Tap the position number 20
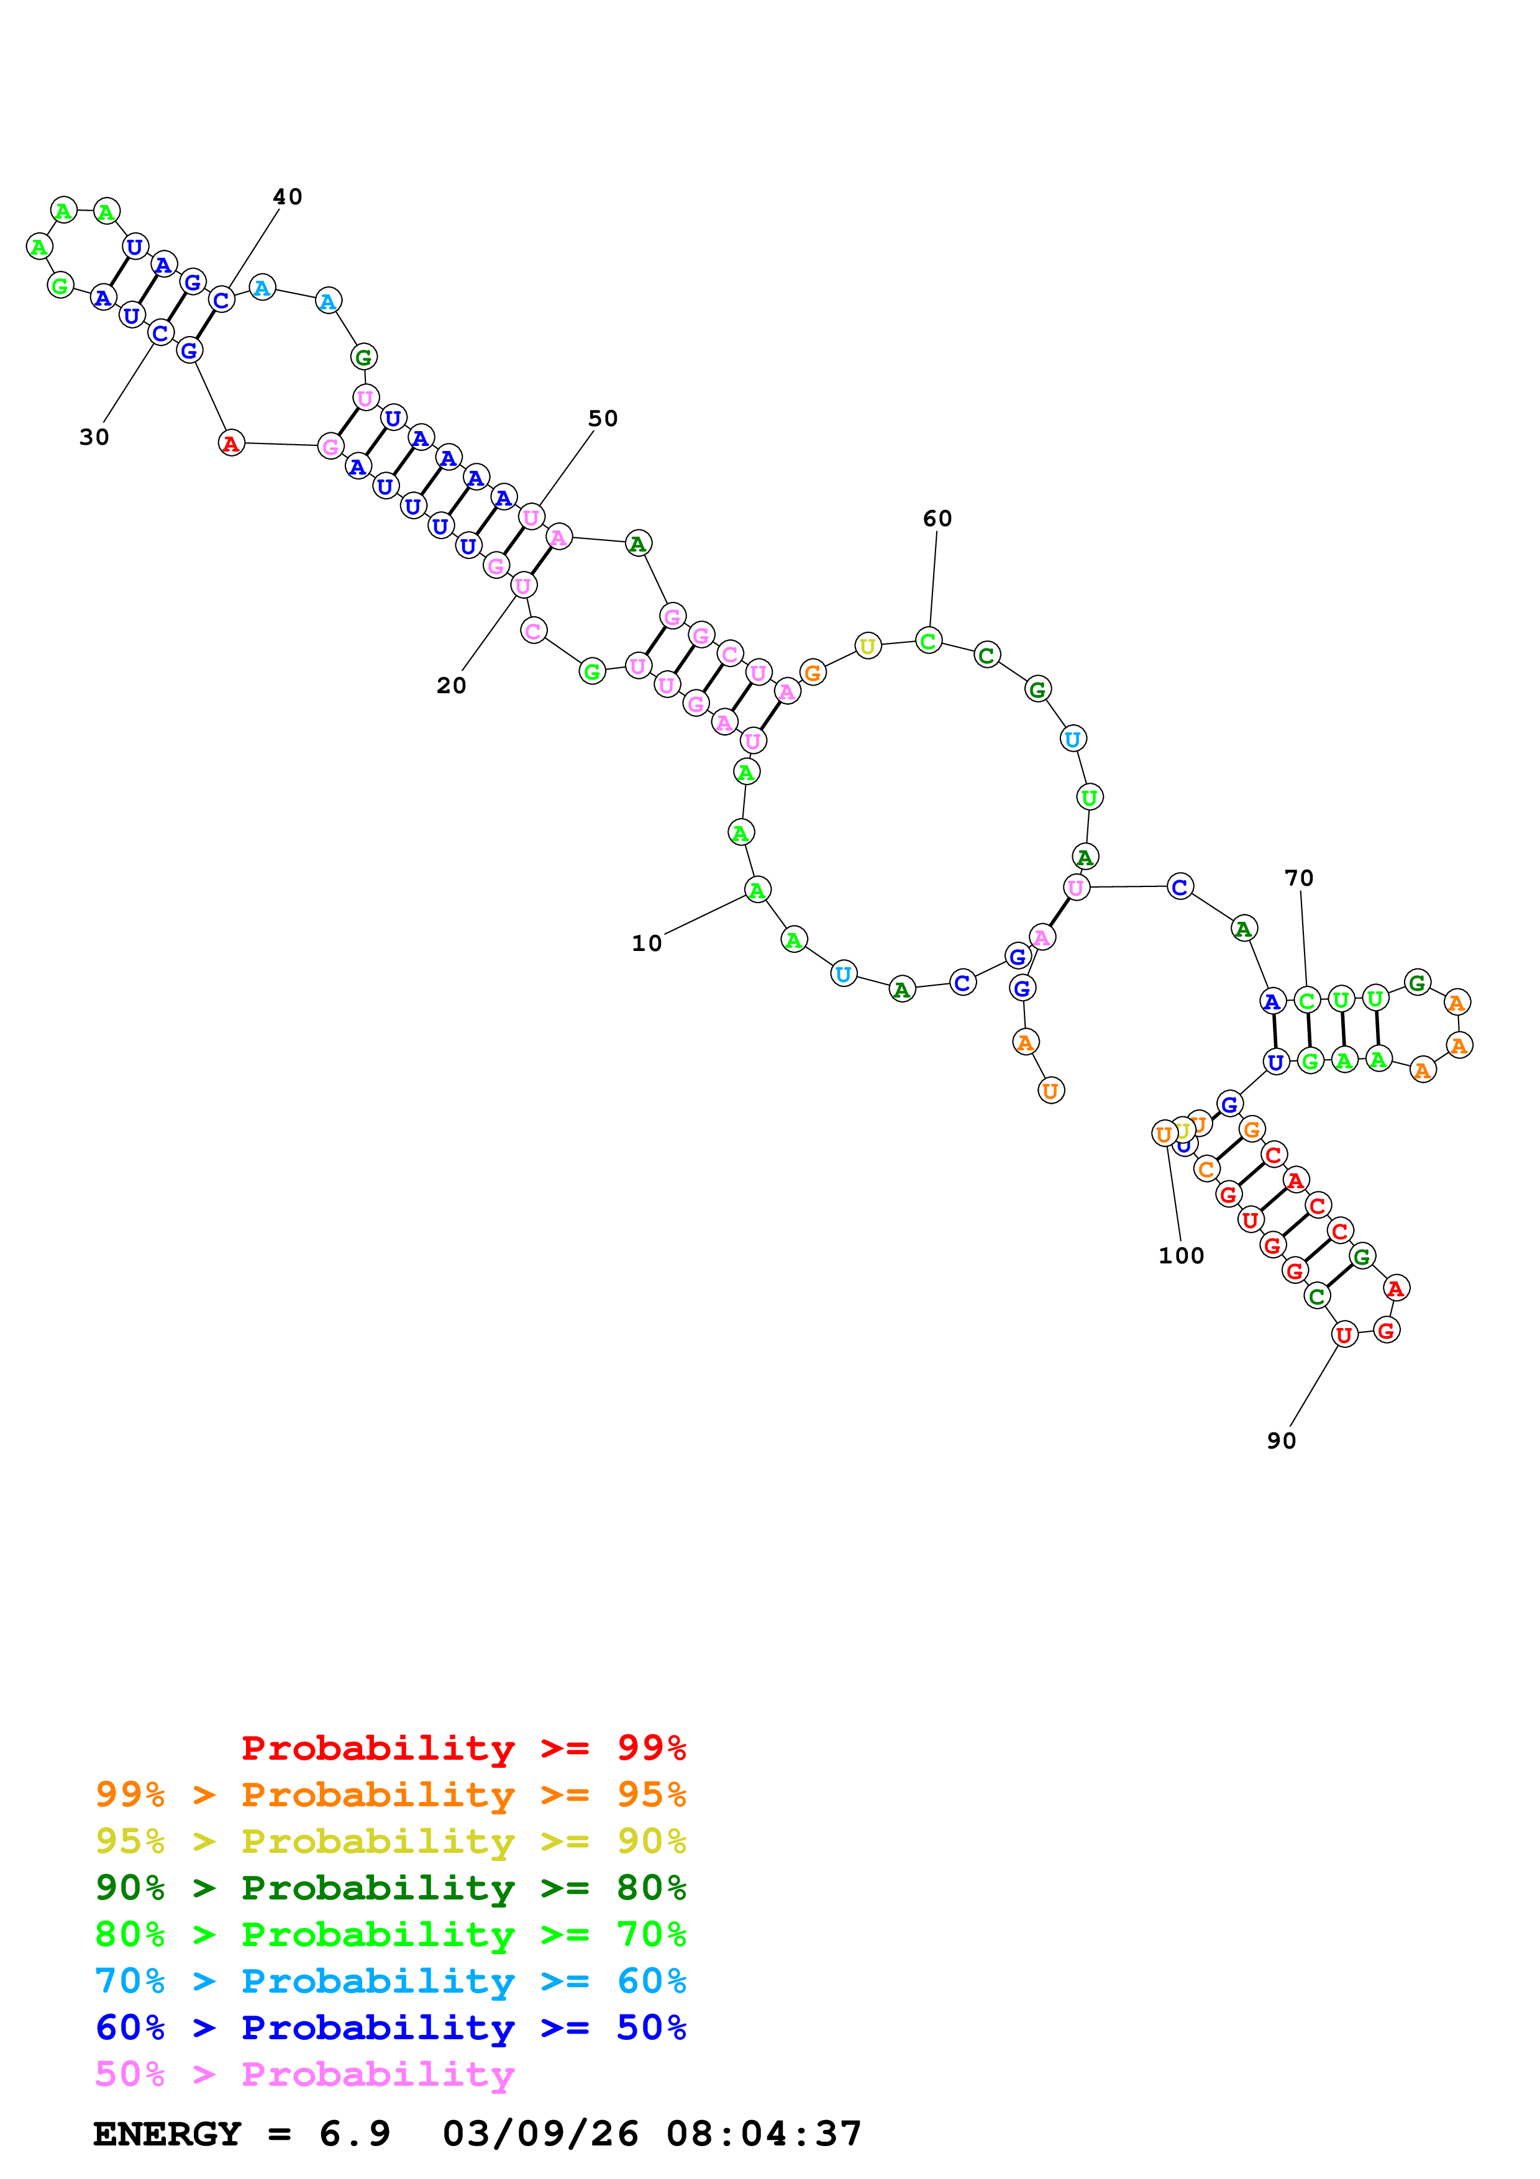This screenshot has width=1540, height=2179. [452, 685]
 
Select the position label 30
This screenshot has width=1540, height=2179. [94, 437]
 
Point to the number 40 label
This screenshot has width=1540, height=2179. [288, 196]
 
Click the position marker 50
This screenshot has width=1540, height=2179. [603, 419]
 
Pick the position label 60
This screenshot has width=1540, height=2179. [937, 518]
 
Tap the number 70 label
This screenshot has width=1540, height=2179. [1299, 878]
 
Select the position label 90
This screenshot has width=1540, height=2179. [1281, 1440]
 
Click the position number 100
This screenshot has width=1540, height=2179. [1182, 1255]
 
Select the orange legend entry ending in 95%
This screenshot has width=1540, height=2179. [391, 1795]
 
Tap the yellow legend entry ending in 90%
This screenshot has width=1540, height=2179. [391, 1841]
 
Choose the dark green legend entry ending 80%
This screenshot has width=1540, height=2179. [391, 1888]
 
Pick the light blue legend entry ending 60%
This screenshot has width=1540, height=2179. [391, 1981]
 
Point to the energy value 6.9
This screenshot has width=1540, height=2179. [355, 2134]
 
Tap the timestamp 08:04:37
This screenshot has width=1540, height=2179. [764, 2134]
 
